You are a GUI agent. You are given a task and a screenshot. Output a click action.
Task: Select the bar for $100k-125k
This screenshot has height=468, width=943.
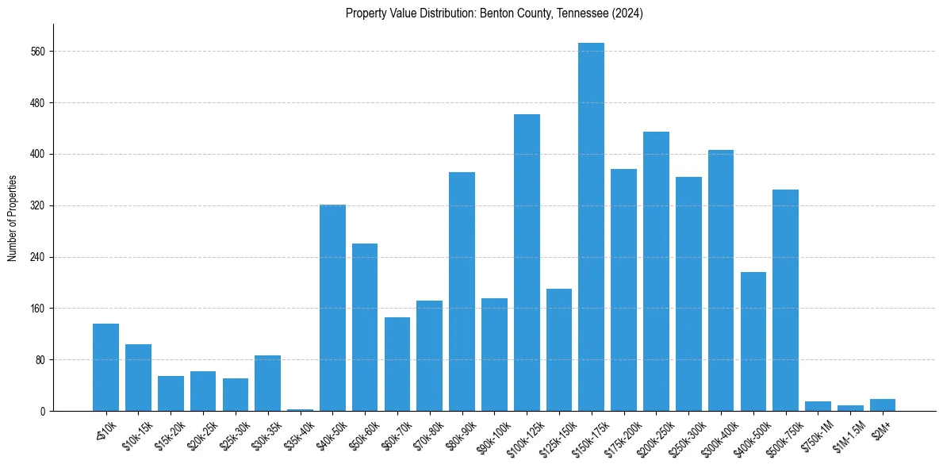pyautogui.click(x=527, y=263)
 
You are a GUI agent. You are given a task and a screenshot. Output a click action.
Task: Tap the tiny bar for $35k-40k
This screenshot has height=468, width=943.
pyautogui.click(x=300, y=410)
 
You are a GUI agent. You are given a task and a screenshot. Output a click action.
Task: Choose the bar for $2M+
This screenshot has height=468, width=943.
pyautogui.click(x=883, y=405)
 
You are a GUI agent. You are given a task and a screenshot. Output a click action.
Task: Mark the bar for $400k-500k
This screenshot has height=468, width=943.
pyautogui.click(x=753, y=341)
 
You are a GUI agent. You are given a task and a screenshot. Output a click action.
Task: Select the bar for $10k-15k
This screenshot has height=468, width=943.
pyautogui.click(x=138, y=378)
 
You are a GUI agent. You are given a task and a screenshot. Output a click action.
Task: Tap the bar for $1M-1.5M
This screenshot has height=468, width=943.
pyautogui.click(x=850, y=409)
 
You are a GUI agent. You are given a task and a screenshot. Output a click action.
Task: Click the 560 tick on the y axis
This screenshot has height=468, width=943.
pyautogui.click(x=40, y=52)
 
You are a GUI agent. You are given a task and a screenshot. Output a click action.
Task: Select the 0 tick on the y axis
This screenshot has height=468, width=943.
pyautogui.click(x=44, y=411)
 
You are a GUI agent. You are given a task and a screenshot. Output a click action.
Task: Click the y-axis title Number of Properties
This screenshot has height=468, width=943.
pyautogui.click(x=12, y=218)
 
